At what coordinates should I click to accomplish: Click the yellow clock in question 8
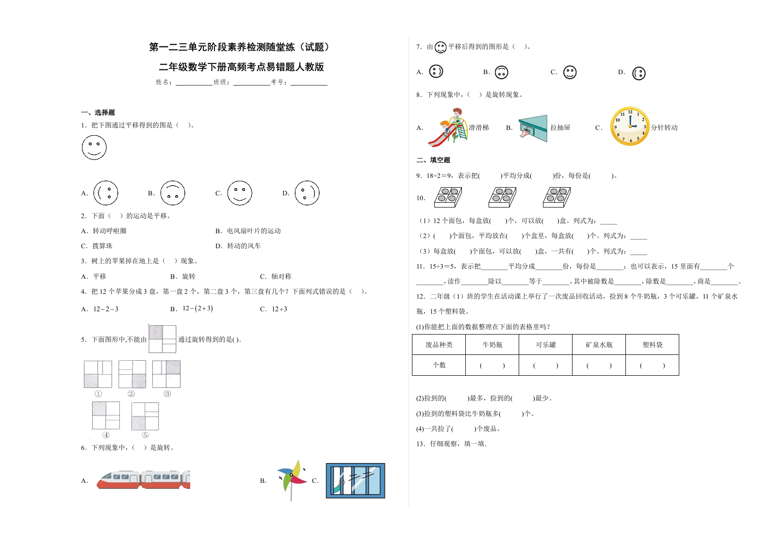pos(630,127)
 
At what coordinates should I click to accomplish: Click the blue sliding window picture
pos(355,480)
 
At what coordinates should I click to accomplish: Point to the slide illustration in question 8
pos(447,128)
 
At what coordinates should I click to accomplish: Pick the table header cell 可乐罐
pos(545,345)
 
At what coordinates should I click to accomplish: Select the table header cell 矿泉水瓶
pos(599,345)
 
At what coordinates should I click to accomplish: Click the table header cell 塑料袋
pos(652,345)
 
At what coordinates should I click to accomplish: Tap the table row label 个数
pos(439,365)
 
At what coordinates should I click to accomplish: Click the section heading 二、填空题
pos(433,160)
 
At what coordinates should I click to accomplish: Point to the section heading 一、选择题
pos(98,112)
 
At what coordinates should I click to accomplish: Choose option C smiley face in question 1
pos(240,193)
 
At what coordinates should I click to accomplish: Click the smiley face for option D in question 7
pos(639,73)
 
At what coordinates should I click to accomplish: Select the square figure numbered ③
pos(166,374)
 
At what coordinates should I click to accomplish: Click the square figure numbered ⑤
pos(145,416)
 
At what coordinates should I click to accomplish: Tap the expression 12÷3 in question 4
pos(279,309)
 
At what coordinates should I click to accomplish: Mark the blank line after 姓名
pos(194,82)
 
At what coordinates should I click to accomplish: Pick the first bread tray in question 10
pos(448,197)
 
